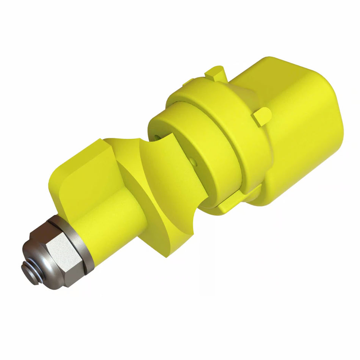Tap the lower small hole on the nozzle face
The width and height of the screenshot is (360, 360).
pyautogui.click(x=194, y=162)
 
